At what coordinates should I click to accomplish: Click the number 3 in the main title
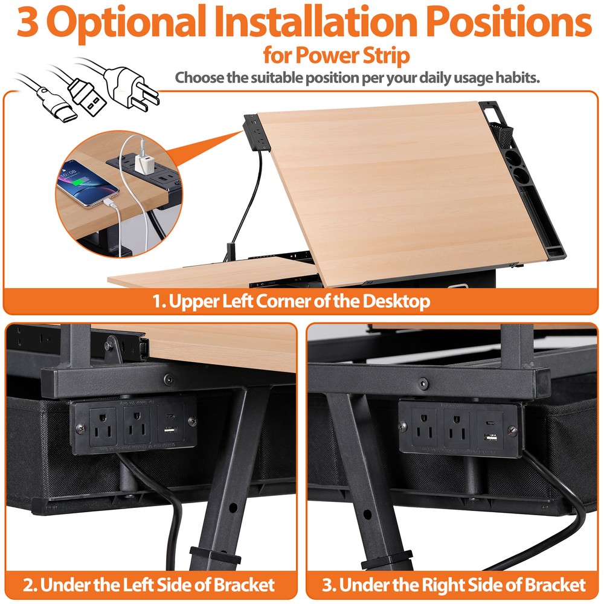click(28, 22)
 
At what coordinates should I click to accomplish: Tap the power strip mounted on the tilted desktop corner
click(254, 130)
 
